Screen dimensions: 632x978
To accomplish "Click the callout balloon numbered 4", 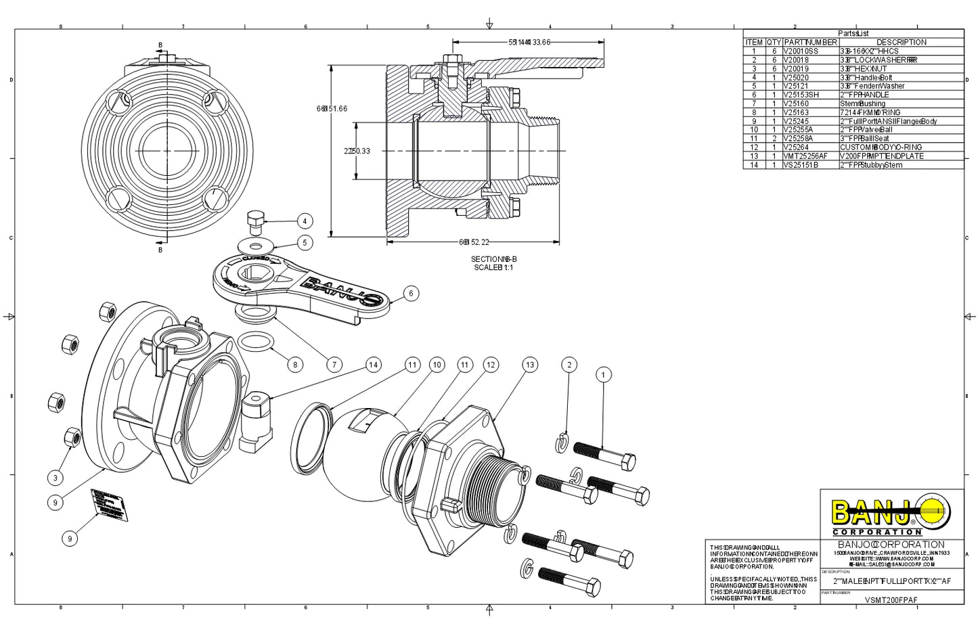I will coord(305,221).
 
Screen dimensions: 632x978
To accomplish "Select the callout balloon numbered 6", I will coord(410,294).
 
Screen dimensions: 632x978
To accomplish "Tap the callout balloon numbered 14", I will coord(373,365).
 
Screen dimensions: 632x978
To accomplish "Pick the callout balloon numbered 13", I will coord(529,365).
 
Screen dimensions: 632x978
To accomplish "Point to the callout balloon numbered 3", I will coord(56,478).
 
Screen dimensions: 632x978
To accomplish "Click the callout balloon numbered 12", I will coord(491,365).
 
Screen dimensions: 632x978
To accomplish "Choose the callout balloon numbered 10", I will coord(437,365).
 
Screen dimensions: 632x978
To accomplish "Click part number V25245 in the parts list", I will coord(796,121).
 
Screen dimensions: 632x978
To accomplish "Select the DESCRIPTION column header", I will coord(901,42).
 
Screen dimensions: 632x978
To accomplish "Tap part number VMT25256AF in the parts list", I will coord(805,156).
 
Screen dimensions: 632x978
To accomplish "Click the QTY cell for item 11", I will coord(774,139).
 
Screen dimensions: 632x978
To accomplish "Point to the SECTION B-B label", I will coord(494,259).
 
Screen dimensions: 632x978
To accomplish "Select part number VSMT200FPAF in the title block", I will coord(891,600).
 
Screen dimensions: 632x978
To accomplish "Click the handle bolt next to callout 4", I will coord(255,221).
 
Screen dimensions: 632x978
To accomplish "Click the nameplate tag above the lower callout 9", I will coord(110,505).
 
